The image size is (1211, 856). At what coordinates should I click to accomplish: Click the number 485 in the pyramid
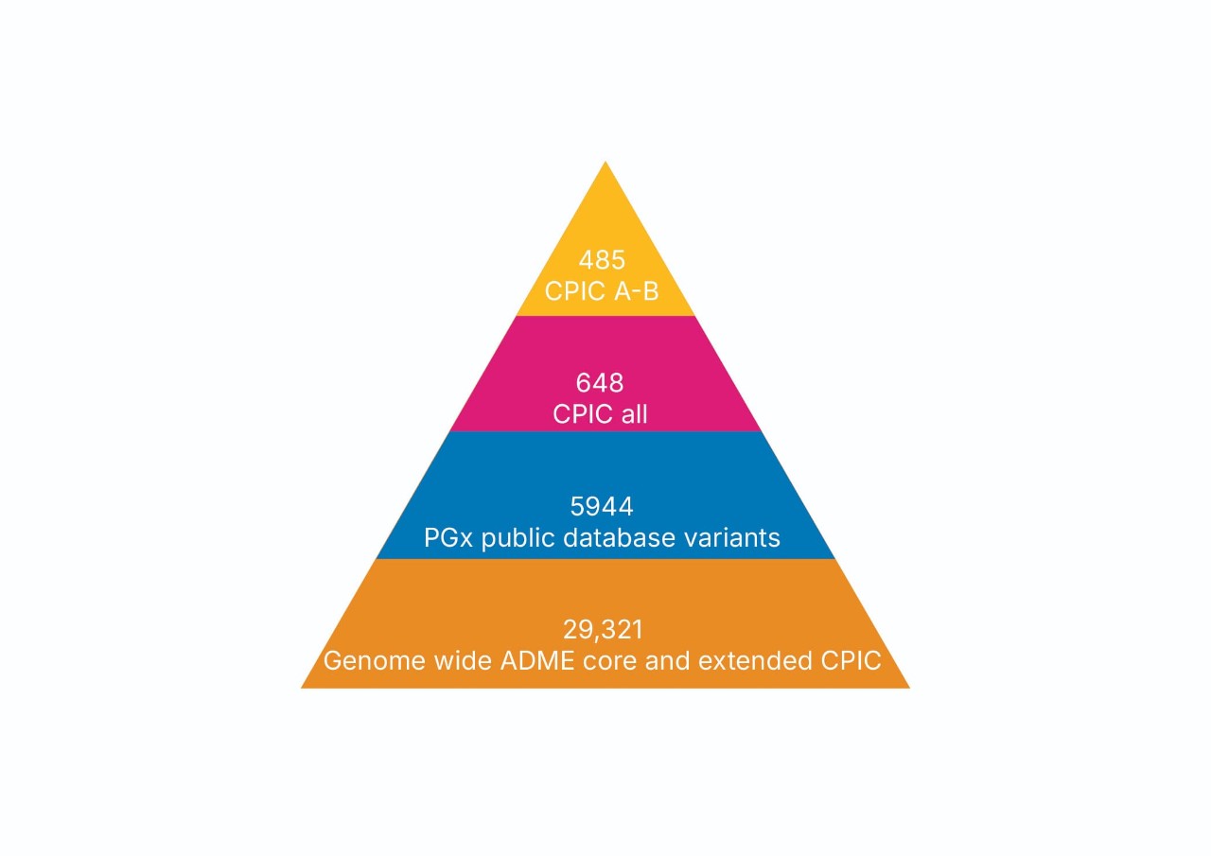[602, 260]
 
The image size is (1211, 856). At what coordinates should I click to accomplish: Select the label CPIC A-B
[602, 290]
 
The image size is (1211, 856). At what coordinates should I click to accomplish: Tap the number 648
[600, 383]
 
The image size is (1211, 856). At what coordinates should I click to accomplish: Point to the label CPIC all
[600, 413]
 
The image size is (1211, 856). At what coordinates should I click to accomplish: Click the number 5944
[602, 507]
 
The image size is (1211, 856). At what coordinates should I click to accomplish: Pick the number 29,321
[602, 629]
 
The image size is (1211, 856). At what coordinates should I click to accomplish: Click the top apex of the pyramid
[605, 163]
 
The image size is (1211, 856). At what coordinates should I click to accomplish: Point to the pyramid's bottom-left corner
[303, 687]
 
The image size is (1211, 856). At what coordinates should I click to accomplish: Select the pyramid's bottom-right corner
[908, 687]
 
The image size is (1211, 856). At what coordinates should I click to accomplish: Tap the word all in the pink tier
[632, 413]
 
